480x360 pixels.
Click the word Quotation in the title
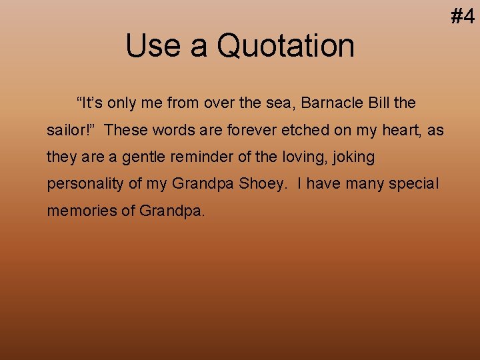point(286,46)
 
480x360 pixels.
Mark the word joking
point(353,158)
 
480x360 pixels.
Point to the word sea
point(280,104)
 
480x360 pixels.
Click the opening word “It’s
point(90,103)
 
